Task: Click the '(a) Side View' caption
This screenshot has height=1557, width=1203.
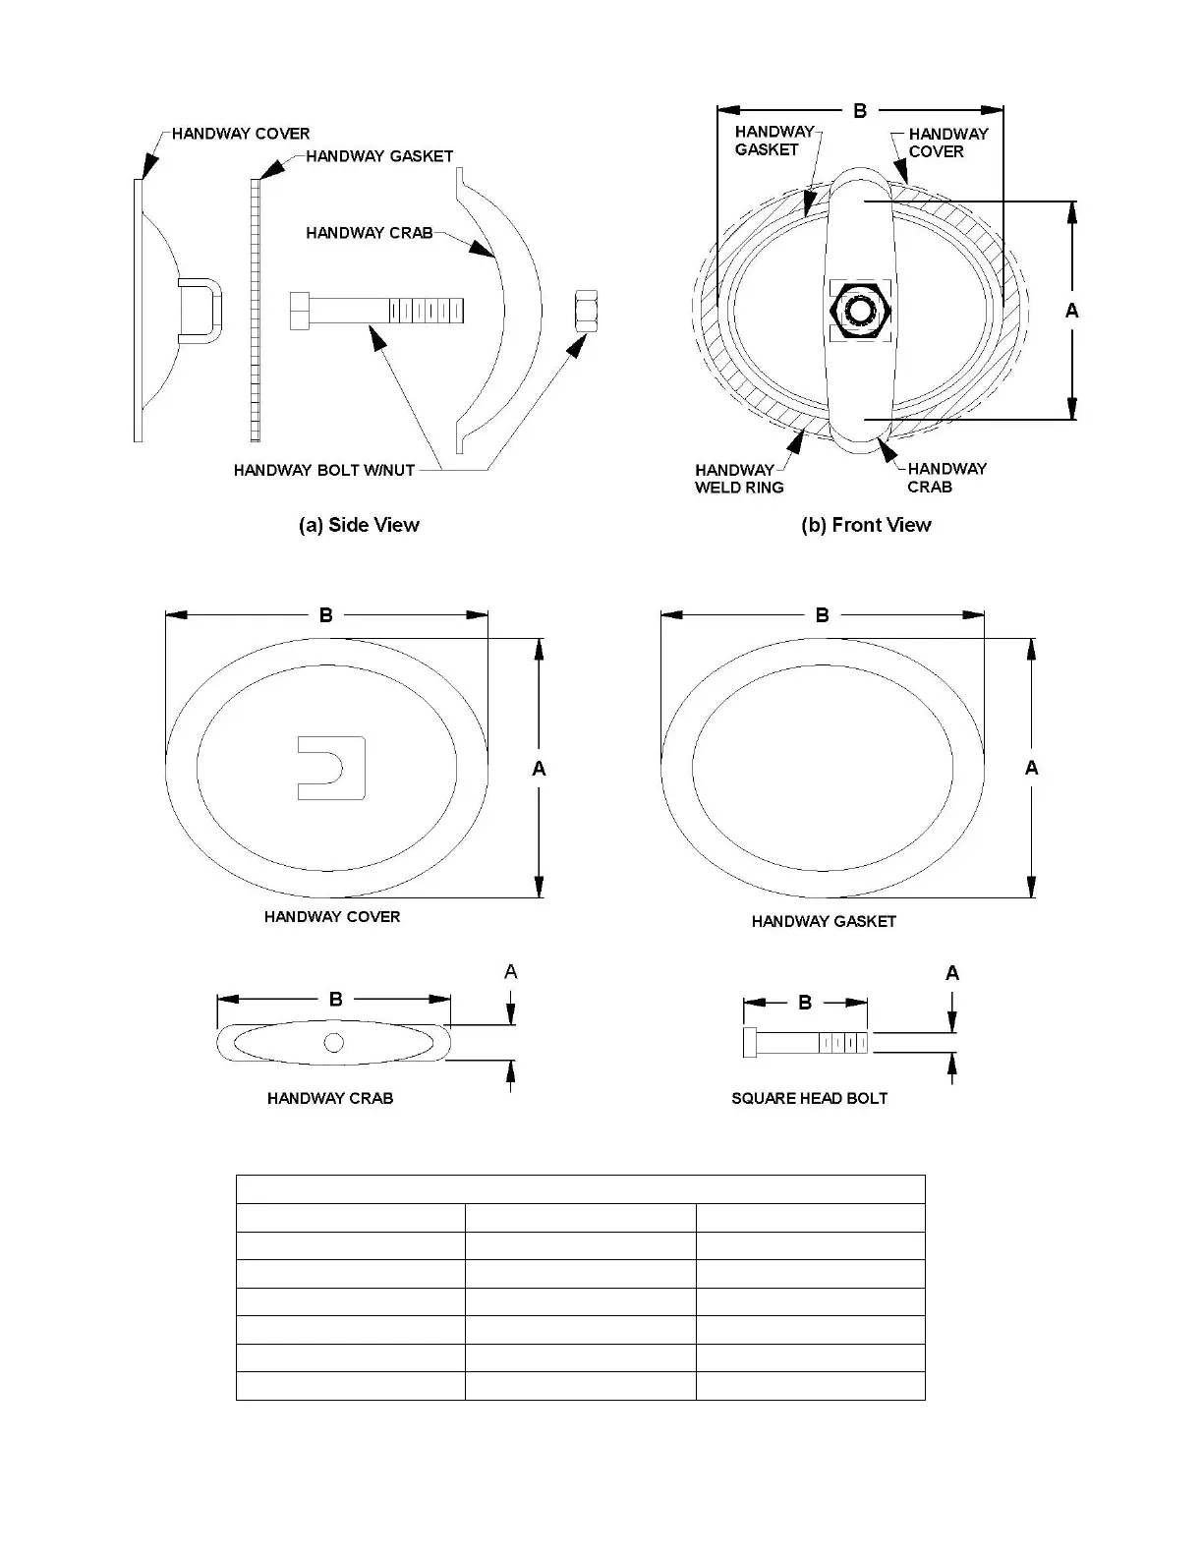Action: pos(359,525)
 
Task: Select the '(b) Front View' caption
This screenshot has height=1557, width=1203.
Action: pos(866,525)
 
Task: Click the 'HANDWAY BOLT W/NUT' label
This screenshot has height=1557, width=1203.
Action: pos(324,470)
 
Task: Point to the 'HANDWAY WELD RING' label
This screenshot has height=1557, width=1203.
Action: pos(739,479)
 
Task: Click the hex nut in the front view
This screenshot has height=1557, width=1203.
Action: pos(862,309)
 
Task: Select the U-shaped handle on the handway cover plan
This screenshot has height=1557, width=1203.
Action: pos(331,768)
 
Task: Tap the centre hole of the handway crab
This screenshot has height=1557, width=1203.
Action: pos(333,1042)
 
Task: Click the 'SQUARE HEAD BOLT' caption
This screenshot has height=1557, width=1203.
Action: pos(809,1098)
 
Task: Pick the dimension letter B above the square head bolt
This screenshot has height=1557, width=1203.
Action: pos(805,1003)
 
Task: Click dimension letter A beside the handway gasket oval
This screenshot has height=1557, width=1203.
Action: pos(1031,768)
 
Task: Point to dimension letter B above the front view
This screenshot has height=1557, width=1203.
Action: pos(860,111)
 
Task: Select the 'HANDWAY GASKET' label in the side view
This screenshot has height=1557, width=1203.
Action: pos(379,155)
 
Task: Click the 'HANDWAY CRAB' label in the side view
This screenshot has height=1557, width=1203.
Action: pos(369,233)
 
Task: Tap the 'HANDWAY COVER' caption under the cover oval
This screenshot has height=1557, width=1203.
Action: pos(332,916)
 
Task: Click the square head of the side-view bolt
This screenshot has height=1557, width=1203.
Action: pos(301,311)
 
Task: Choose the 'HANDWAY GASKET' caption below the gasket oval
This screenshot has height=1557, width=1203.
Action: pos(824,921)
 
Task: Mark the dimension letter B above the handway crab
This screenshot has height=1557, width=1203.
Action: pos(335,999)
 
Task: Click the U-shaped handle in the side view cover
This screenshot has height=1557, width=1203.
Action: pos(201,310)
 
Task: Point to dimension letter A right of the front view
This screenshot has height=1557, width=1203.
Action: pos(1071,311)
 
